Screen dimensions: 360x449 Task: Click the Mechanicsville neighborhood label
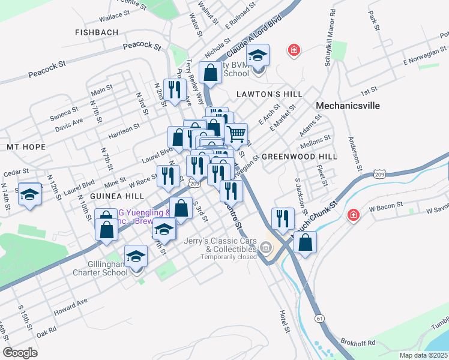[348, 105]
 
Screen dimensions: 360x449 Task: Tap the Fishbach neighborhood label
[96, 32]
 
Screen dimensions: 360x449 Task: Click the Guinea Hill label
[117, 196]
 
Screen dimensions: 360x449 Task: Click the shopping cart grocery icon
[237, 133]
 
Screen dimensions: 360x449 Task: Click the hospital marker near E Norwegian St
[294, 50]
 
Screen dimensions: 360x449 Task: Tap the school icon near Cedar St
[29, 194]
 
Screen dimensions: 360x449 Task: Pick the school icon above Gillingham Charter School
[136, 256]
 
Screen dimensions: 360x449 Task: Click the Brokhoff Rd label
[358, 343]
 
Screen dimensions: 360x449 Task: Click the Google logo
[20, 353]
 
